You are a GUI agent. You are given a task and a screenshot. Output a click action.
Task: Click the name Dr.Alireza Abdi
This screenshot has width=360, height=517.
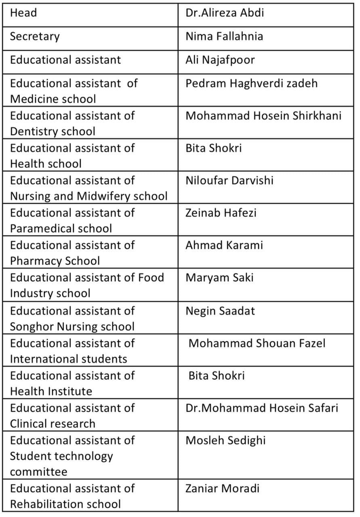(x=225, y=13)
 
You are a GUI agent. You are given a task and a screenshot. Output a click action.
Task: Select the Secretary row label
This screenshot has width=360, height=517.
(x=35, y=36)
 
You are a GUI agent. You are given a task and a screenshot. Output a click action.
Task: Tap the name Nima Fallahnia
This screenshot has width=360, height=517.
(x=224, y=36)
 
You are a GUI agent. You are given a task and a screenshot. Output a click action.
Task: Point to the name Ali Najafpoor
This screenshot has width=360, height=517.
(x=220, y=60)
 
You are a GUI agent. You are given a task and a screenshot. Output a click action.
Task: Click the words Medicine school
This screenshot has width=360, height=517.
(x=53, y=99)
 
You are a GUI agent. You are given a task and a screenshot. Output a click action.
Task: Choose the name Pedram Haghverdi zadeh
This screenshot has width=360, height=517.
(x=251, y=83)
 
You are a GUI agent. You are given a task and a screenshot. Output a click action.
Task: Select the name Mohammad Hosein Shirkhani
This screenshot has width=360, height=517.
(x=263, y=116)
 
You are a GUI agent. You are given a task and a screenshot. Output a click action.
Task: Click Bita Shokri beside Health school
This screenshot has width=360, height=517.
(x=213, y=148)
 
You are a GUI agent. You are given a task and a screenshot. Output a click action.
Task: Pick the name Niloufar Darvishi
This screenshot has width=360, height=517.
(x=229, y=180)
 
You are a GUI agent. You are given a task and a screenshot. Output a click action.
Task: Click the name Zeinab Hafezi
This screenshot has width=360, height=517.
(x=221, y=212)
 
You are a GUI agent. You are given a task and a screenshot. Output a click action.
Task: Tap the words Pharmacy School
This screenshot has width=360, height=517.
(x=55, y=261)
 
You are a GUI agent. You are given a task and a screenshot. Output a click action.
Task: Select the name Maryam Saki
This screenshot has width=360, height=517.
(x=219, y=277)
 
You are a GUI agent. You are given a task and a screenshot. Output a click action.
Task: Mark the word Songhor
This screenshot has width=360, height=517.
(x=31, y=326)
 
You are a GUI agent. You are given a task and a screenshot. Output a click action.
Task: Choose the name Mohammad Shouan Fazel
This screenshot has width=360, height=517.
(x=257, y=343)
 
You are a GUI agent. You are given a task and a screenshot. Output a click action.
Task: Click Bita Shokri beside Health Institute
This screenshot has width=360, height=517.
(x=216, y=376)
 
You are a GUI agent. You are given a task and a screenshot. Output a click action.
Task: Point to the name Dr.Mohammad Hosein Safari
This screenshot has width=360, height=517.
(x=262, y=408)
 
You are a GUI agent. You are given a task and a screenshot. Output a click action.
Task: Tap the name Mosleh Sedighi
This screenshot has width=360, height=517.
(x=225, y=440)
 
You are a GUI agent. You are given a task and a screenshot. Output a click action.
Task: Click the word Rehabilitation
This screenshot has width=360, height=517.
(x=48, y=504)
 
